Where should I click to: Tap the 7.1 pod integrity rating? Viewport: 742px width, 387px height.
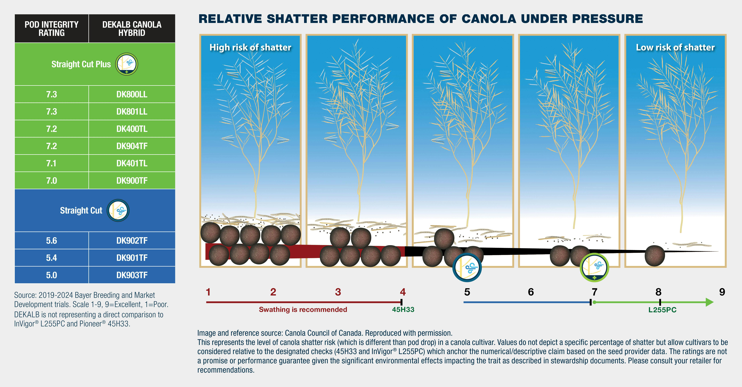(x=52, y=163)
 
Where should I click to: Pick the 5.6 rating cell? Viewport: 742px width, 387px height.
(x=52, y=240)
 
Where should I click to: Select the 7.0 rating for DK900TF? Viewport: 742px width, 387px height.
(x=52, y=181)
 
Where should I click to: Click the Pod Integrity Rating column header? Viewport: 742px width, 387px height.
(x=52, y=29)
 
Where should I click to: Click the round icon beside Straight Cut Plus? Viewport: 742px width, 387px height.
(x=127, y=64)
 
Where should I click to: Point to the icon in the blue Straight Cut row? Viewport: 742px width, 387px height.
(x=118, y=211)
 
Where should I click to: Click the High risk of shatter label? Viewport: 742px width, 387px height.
(x=250, y=47)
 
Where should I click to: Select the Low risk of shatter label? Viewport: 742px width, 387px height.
(x=675, y=47)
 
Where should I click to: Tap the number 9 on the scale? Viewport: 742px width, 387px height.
(x=722, y=292)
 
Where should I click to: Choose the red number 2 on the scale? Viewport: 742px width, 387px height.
(x=273, y=292)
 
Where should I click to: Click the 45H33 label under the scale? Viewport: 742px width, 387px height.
(x=403, y=310)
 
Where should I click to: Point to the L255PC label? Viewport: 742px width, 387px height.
(x=662, y=310)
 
